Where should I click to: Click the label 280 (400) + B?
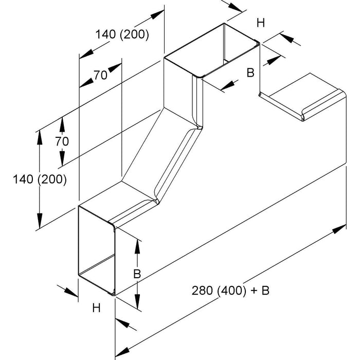tap(230, 291)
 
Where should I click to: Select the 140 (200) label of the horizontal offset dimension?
tap(122, 35)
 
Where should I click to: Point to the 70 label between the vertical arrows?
tap(62, 140)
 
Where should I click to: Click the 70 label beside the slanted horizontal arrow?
tap(100, 75)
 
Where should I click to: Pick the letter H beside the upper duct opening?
tap(261, 23)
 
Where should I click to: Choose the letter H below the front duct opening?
tap(96, 308)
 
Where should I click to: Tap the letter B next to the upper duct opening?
tap(250, 73)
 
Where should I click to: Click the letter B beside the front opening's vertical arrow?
tap(137, 274)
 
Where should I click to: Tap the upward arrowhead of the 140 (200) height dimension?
tap(40, 135)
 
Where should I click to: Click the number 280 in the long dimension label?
tap(201, 291)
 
